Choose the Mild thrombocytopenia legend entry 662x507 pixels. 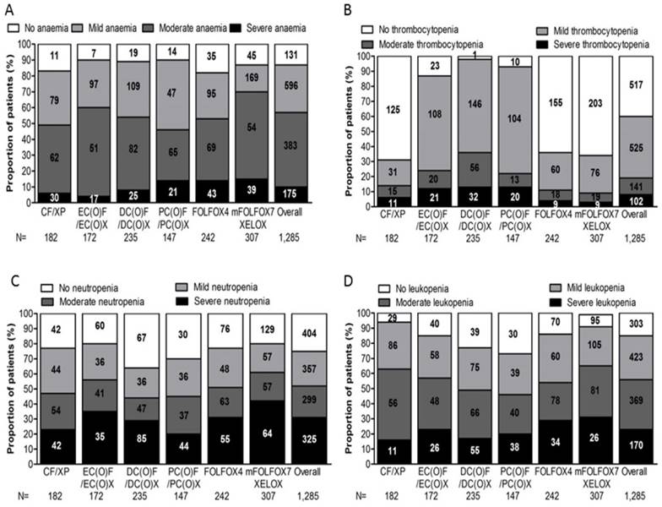pos(594,29)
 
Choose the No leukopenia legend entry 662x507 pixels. pos(413,287)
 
